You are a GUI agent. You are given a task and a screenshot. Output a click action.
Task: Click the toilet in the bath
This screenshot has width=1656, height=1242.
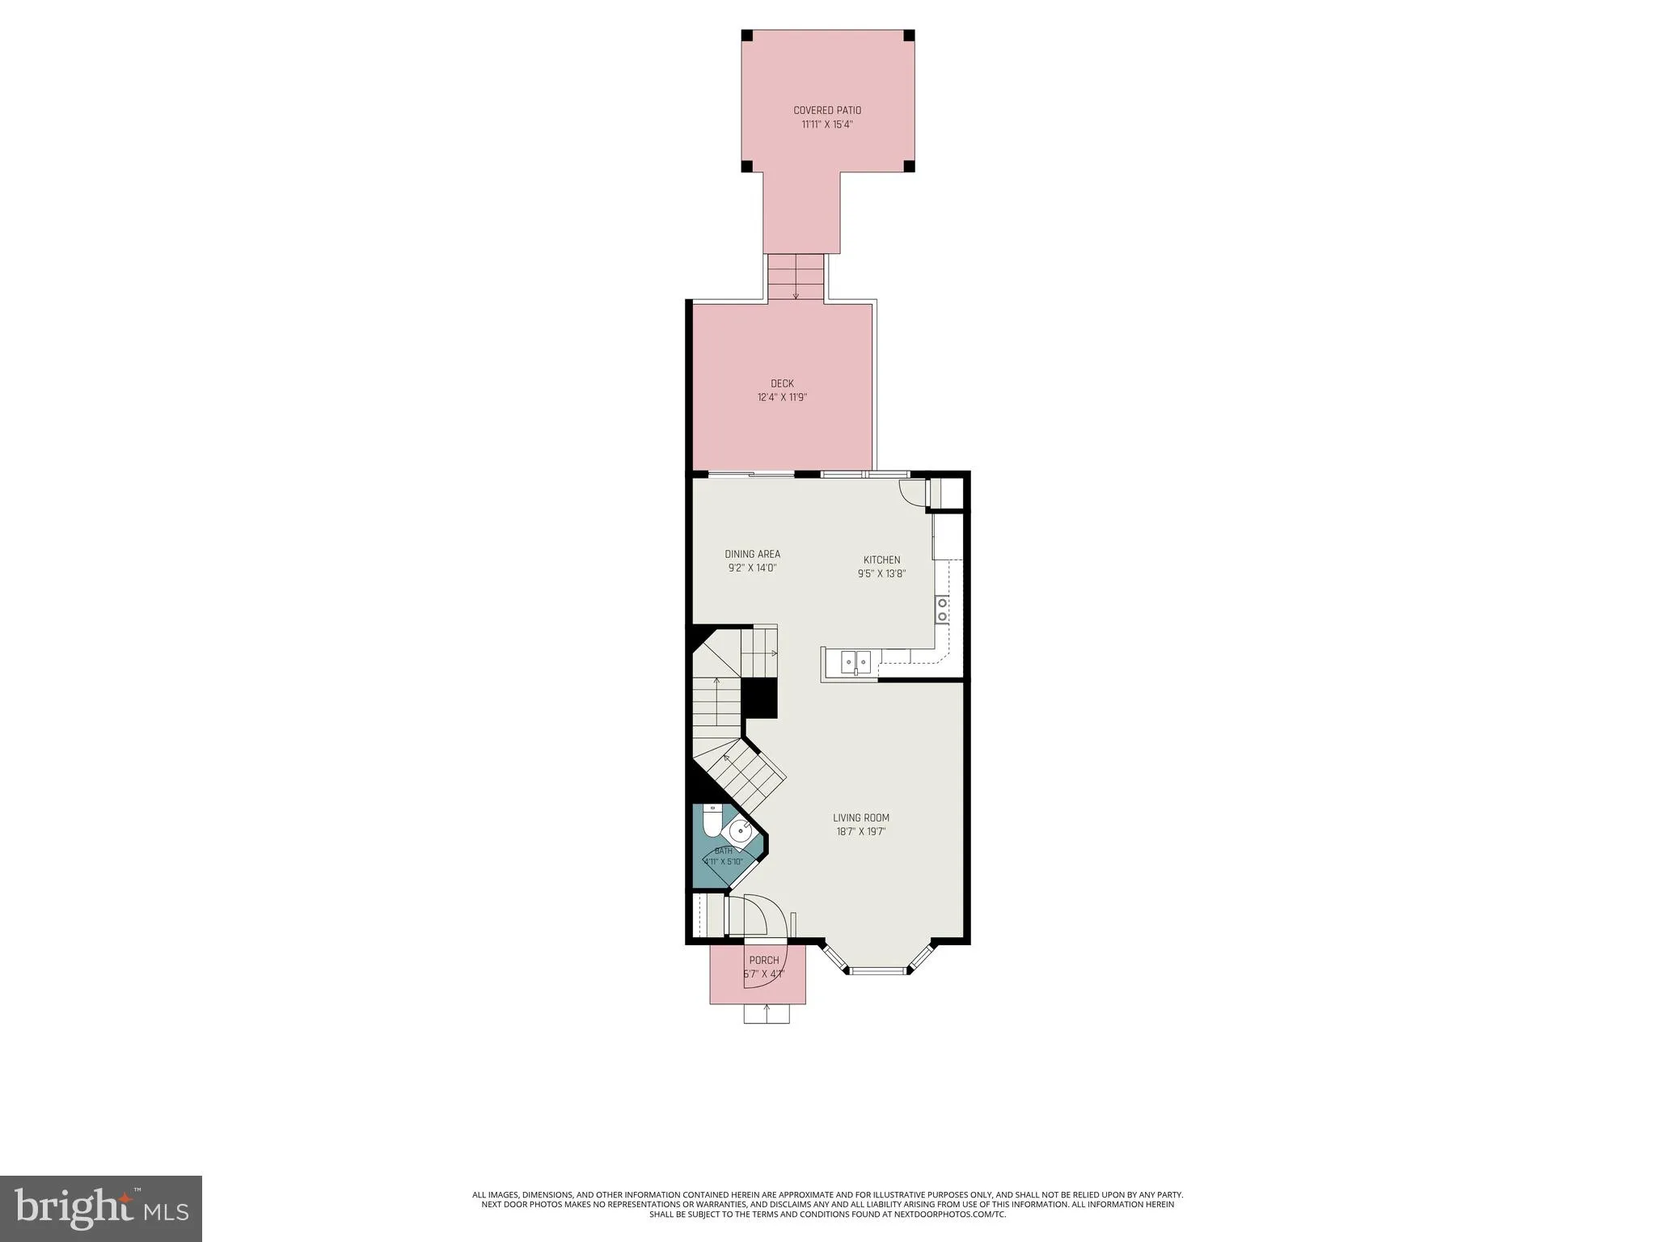pyautogui.click(x=712, y=821)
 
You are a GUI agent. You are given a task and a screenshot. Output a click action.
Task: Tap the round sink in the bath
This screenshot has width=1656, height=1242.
pyautogui.click(x=741, y=830)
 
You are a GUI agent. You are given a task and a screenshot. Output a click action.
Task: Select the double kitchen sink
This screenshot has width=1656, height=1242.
pyautogui.click(x=855, y=662)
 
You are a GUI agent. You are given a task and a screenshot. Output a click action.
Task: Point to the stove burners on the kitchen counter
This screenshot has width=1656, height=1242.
pyautogui.click(x=942, y=609)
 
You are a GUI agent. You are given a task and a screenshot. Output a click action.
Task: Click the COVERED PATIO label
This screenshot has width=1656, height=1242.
pyautogui.click(x=827, y=110)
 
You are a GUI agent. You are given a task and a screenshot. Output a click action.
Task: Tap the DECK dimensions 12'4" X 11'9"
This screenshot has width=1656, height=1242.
pyautogui.click(x=782, y=397)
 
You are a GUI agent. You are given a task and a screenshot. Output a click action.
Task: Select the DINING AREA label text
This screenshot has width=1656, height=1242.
pyautogui.click(x=752, y=554)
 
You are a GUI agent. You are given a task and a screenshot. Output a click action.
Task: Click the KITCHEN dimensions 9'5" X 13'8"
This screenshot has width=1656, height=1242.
pyautogui.click(x=881, y=574)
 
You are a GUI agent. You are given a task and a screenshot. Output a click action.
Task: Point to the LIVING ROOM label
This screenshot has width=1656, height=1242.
pyautogui.click(x=861, y=817)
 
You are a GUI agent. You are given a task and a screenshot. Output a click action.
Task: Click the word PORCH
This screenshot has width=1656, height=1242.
pyautogui.click(x=764, y=961)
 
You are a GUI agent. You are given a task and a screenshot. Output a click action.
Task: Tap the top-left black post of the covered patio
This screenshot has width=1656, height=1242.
pyautogui.click(x=747, y=36)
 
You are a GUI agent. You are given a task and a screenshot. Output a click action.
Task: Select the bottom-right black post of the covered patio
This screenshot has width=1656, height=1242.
pyautogui.click(x=909, y=167)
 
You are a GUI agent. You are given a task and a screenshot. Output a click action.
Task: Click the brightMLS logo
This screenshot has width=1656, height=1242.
pyautogui.click(x=101, y=1208)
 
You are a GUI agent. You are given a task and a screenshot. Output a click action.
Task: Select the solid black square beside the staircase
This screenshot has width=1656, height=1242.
pyautogui.click(x=759, y=698)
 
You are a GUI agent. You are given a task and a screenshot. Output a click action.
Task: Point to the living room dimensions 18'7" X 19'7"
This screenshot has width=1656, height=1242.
pyautogui.click(x=861, y=831)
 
